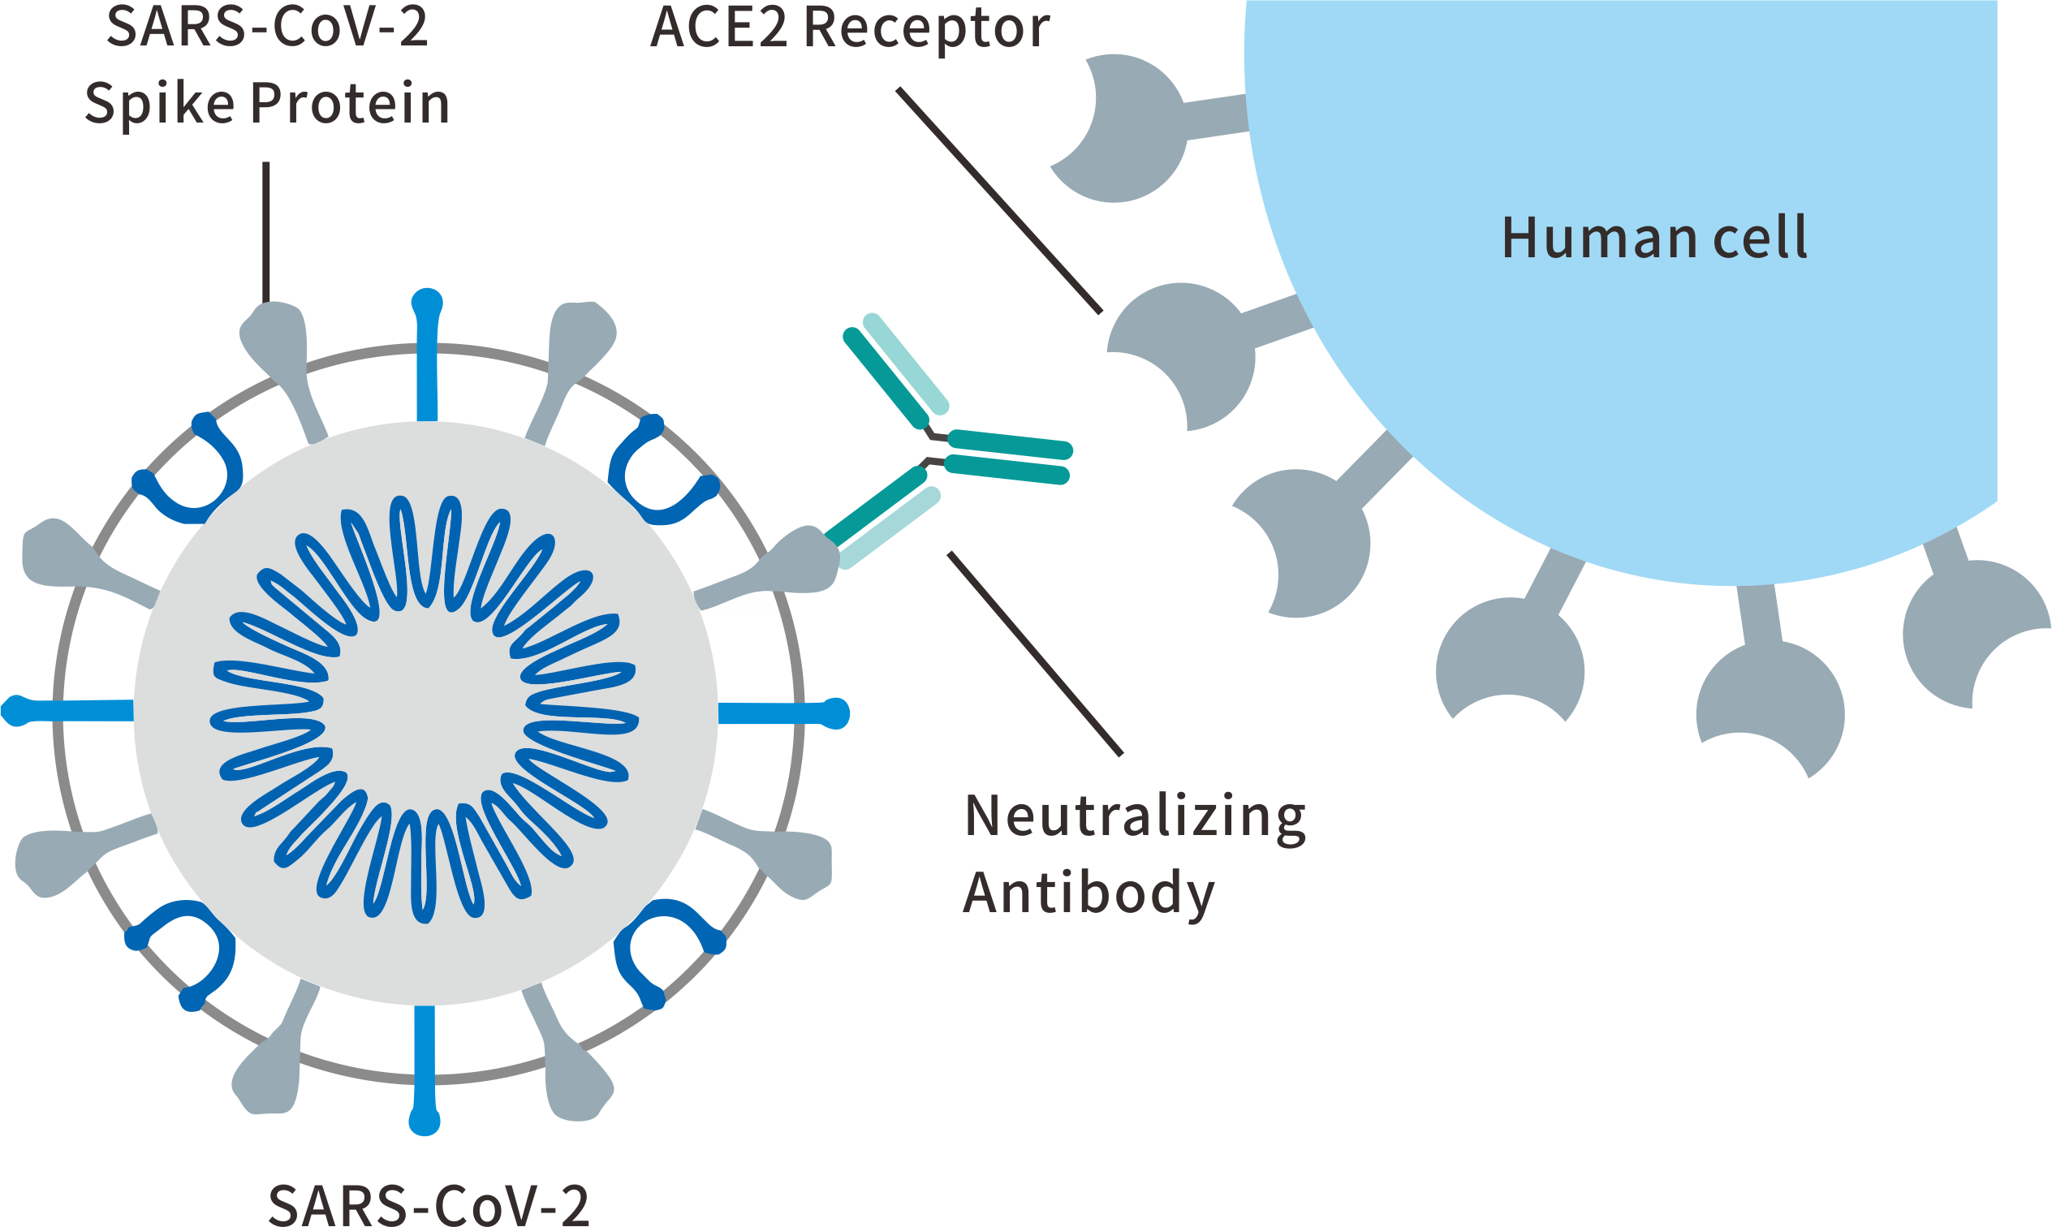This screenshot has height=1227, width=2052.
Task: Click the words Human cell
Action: (x=1653, y=238)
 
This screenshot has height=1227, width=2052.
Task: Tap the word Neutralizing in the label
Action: (x=1134, y=817)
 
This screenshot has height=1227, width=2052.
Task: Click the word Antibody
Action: (x=1088, y=893)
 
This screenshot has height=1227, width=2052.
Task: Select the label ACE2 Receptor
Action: (x=849, y=28)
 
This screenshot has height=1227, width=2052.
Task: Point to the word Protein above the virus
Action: (x=350, y=104)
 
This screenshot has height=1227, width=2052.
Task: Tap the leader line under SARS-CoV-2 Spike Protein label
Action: (x=266, y=231)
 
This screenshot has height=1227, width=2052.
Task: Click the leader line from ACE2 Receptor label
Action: (x=998, y=200)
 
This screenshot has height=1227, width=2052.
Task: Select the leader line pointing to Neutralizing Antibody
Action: (x=1034, y=653)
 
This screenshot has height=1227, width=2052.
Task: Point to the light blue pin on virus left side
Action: (x=66, y=711)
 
